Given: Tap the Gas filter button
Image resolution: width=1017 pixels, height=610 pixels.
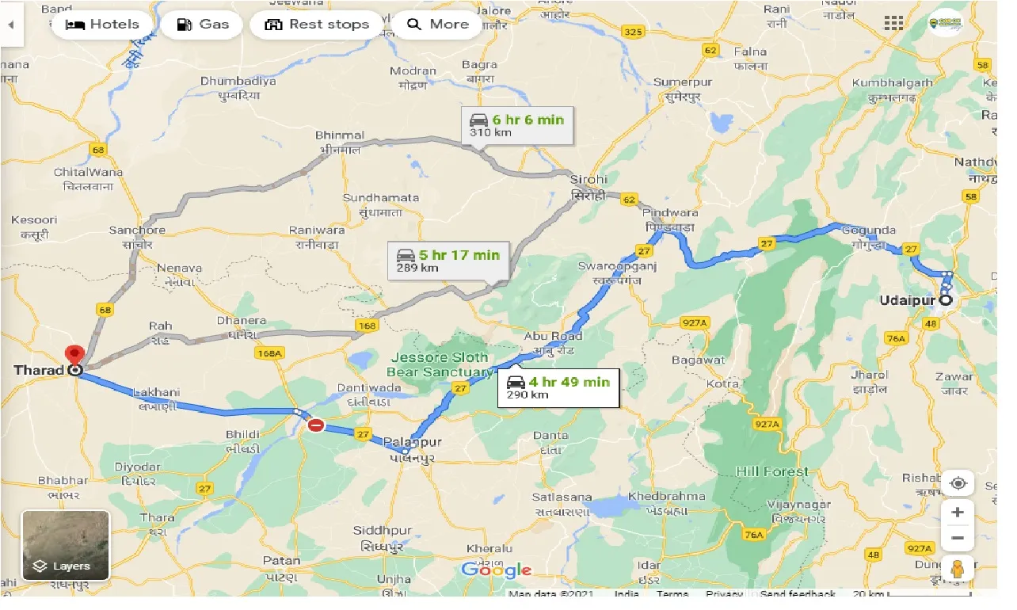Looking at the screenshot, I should pos(202,25).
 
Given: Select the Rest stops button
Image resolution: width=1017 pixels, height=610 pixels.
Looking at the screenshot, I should pos(317,25).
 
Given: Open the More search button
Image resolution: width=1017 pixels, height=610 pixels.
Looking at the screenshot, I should pos(438,25).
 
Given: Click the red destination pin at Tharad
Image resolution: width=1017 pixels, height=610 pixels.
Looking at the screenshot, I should pos(74,356).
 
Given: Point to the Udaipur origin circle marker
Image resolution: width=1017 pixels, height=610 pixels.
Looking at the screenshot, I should pos(945,300).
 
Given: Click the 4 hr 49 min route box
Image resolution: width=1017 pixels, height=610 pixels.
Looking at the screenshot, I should pos(558,387).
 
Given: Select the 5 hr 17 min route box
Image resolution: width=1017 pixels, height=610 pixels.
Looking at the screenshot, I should pos(448,261).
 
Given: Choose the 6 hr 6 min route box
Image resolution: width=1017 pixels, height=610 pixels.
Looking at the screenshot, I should pos(517,125).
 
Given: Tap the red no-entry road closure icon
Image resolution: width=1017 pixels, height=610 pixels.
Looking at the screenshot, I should pos(315,426).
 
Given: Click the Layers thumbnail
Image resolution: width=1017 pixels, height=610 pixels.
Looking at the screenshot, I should pos(65,545).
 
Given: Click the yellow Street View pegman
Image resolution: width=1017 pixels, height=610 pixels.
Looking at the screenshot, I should pos(958,569).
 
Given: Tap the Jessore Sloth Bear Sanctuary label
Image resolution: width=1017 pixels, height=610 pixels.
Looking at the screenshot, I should pos(440,364).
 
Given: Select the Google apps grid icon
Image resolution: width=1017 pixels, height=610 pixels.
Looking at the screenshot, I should pos(893,23).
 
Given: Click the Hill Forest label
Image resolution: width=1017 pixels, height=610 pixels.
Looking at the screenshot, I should pos(772,471).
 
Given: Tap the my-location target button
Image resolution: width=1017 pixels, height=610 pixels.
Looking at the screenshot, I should pos(958,484).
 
